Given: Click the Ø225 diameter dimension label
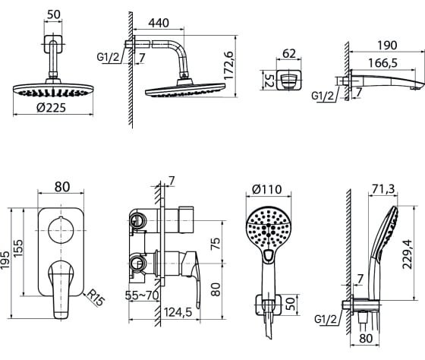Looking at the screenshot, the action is point(52,108).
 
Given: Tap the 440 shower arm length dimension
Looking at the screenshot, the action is point(159,23).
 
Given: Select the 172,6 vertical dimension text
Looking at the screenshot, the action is point(229,65).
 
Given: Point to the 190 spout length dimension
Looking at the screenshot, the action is point(387,45).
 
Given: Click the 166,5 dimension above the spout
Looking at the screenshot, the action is point(382,63).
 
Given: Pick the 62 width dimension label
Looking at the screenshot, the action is point(289,53).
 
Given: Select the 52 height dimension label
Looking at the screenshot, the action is point(269,81).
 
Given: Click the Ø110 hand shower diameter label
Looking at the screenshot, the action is point(267,189).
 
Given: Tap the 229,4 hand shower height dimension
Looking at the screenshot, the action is point(407,254).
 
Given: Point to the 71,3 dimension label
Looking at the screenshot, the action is point(383,189).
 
